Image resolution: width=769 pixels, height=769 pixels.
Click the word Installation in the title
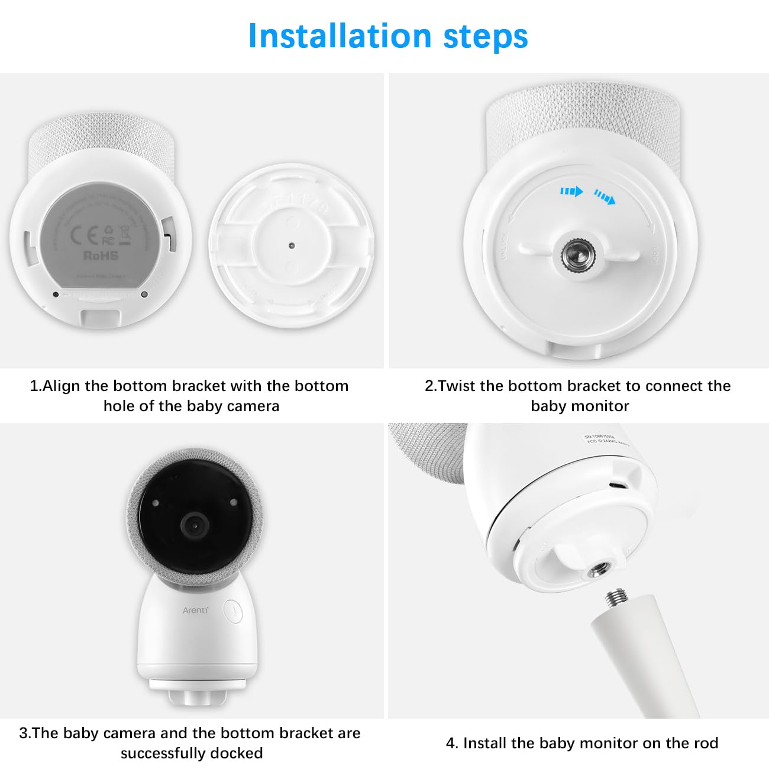340,36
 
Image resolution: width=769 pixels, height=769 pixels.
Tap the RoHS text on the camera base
101,256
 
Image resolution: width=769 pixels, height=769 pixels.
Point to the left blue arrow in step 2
571,191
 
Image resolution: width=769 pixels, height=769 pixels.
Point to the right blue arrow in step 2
605,196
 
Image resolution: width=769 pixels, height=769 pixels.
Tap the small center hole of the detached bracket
290,244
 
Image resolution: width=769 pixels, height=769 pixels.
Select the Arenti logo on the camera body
195,610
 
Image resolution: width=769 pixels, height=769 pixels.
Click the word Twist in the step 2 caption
457,386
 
